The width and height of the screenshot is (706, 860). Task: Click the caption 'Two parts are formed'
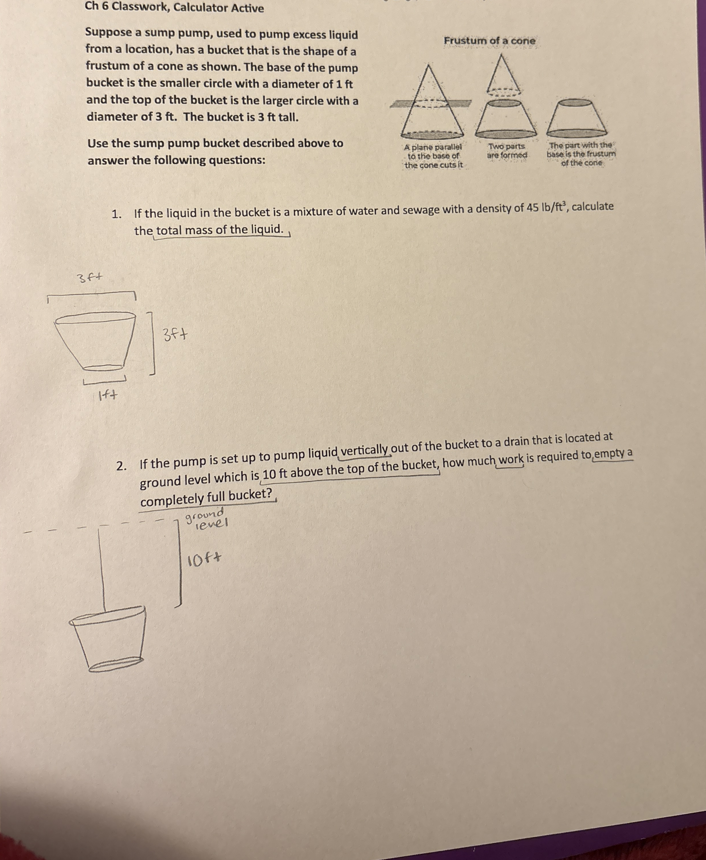(507, 151)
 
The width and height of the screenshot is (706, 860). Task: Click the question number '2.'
(121, 466)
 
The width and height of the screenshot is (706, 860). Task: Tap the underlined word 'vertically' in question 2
(364, 450)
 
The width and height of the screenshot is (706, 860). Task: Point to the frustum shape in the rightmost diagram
(577, 118)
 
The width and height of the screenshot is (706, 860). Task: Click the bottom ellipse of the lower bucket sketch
(115, 664)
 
